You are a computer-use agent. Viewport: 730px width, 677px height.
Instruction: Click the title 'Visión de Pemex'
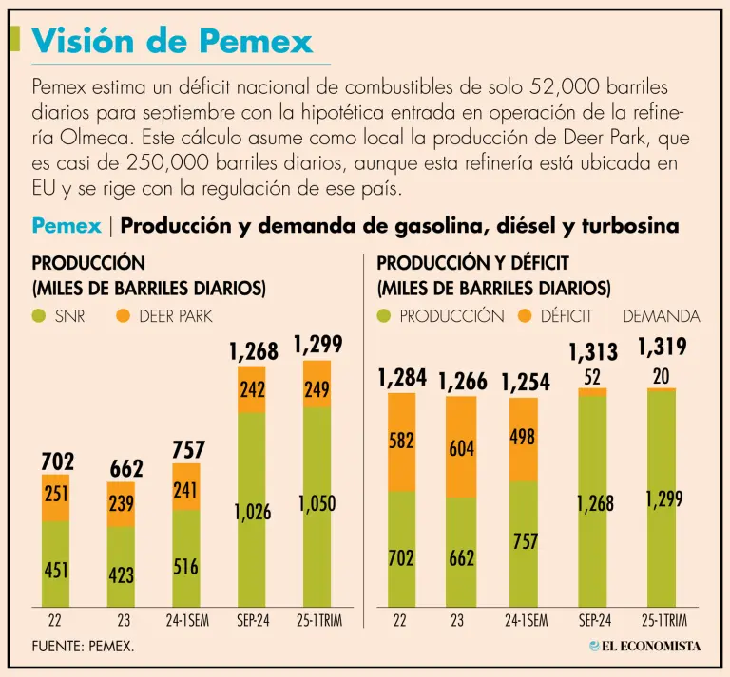[172, 41]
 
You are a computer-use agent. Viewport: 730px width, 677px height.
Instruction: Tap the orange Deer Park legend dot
[123, 316]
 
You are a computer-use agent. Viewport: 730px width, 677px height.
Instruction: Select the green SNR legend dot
[39, 316]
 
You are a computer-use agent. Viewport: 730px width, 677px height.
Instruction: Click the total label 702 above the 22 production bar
[56, 461]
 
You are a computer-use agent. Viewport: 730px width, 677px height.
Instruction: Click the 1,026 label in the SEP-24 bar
[252, 513]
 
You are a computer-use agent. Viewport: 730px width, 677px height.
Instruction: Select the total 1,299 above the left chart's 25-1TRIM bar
[317, 345]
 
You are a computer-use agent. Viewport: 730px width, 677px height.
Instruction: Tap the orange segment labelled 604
[462, 447]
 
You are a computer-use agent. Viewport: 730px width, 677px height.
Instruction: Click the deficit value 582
[400, 442]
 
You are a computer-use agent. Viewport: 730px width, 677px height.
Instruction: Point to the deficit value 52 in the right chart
[593, 377]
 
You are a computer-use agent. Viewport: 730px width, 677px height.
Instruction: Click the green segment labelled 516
[186, 567]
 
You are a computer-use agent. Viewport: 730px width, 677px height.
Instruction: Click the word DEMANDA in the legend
[661, 316]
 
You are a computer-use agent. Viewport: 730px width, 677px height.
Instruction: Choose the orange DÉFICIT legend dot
[526, 316]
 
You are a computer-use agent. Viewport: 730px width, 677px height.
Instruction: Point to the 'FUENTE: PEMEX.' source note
[84, 646]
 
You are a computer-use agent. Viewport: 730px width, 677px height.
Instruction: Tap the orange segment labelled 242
[252, 389]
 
